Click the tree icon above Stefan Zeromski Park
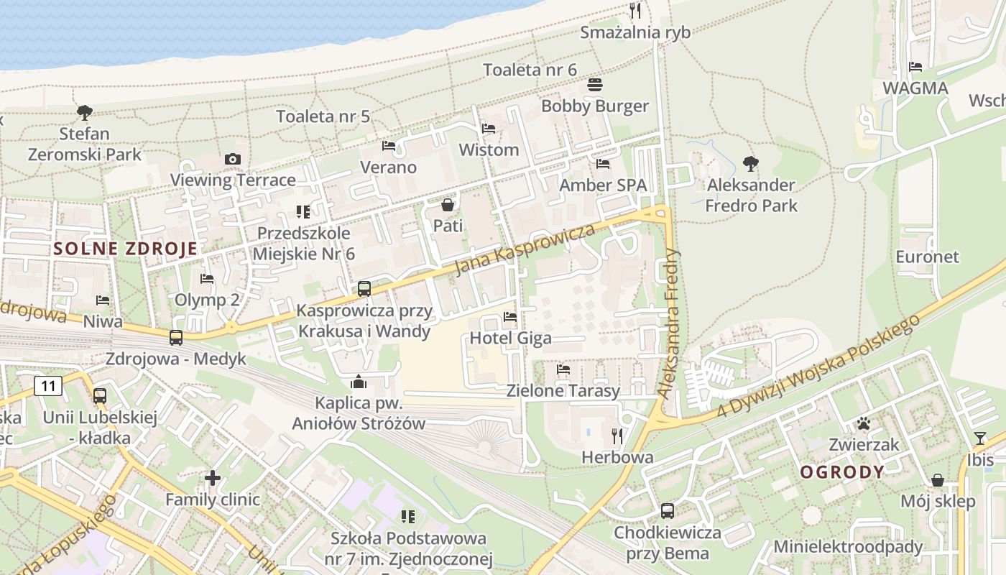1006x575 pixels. pos(85,112)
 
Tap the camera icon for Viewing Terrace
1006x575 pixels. pos(232,159)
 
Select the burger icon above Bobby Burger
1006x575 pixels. pos(594,85)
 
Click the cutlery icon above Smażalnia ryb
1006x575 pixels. pos(634,10)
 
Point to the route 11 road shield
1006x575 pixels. pos(48,386)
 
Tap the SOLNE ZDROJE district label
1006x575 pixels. pos(126,249)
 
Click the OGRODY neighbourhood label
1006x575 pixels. pos(842,472)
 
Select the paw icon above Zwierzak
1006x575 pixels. pos(863,423)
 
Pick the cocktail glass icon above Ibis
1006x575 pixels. pos(979,438)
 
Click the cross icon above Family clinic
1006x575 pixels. pos(212,477)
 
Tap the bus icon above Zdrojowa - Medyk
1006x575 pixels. pos(176,337)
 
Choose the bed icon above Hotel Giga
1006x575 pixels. pos(510,316)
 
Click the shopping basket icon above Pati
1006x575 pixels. pos(448,205)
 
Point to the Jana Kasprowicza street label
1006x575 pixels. pos(526,249)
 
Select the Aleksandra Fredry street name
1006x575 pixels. pos(669,323)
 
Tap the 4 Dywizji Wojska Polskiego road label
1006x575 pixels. pos(819,365)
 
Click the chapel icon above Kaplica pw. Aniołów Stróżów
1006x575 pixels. pos(359,382)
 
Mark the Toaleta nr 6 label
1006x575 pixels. pos(530,70)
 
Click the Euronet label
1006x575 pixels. pos(927,257)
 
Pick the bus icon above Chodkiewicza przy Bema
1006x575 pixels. pos(668,511)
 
